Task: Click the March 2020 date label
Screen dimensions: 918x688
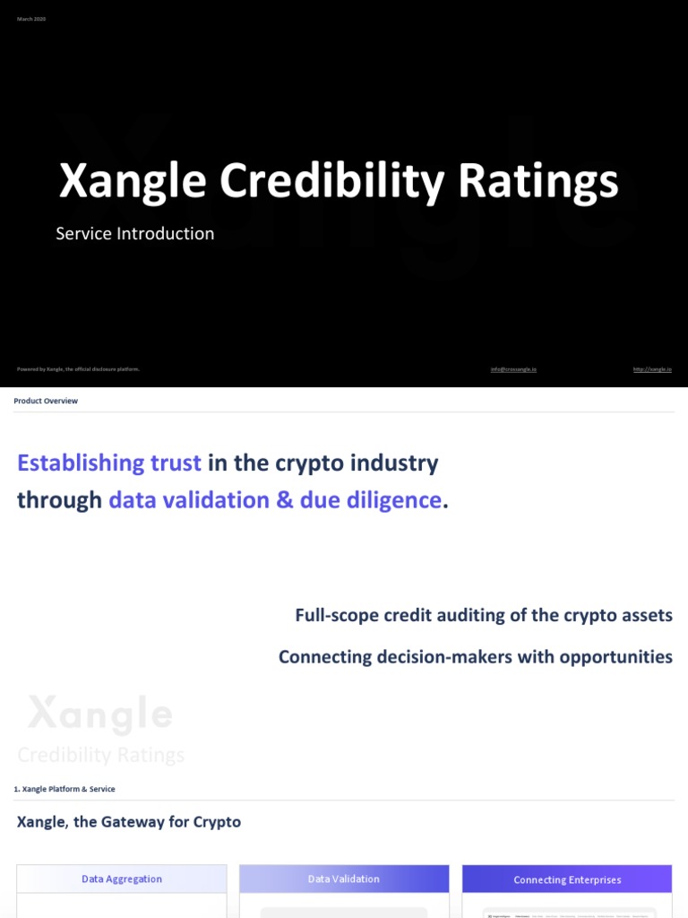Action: [31, 19]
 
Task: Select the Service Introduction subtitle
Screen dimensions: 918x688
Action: [135, 234]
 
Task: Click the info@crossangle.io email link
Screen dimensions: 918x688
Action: [513, 369]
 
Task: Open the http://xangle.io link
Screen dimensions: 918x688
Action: [652, 369]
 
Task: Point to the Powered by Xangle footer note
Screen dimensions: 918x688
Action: [79, 369]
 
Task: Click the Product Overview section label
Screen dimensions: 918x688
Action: [46, 401]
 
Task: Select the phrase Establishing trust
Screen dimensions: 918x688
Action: [109, 463]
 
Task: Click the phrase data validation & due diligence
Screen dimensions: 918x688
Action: [275, 500]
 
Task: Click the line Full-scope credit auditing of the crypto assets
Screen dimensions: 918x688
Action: [484, 616]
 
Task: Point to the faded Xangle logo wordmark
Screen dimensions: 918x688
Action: [99, 714]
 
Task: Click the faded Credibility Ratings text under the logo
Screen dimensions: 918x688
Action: [101, 755]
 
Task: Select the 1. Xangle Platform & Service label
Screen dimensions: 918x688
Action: [64, 789]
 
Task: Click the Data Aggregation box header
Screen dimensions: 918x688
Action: [122, 879]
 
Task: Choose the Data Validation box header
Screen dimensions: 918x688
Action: [344, 879]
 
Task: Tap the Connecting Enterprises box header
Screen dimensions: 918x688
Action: [567, 879]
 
